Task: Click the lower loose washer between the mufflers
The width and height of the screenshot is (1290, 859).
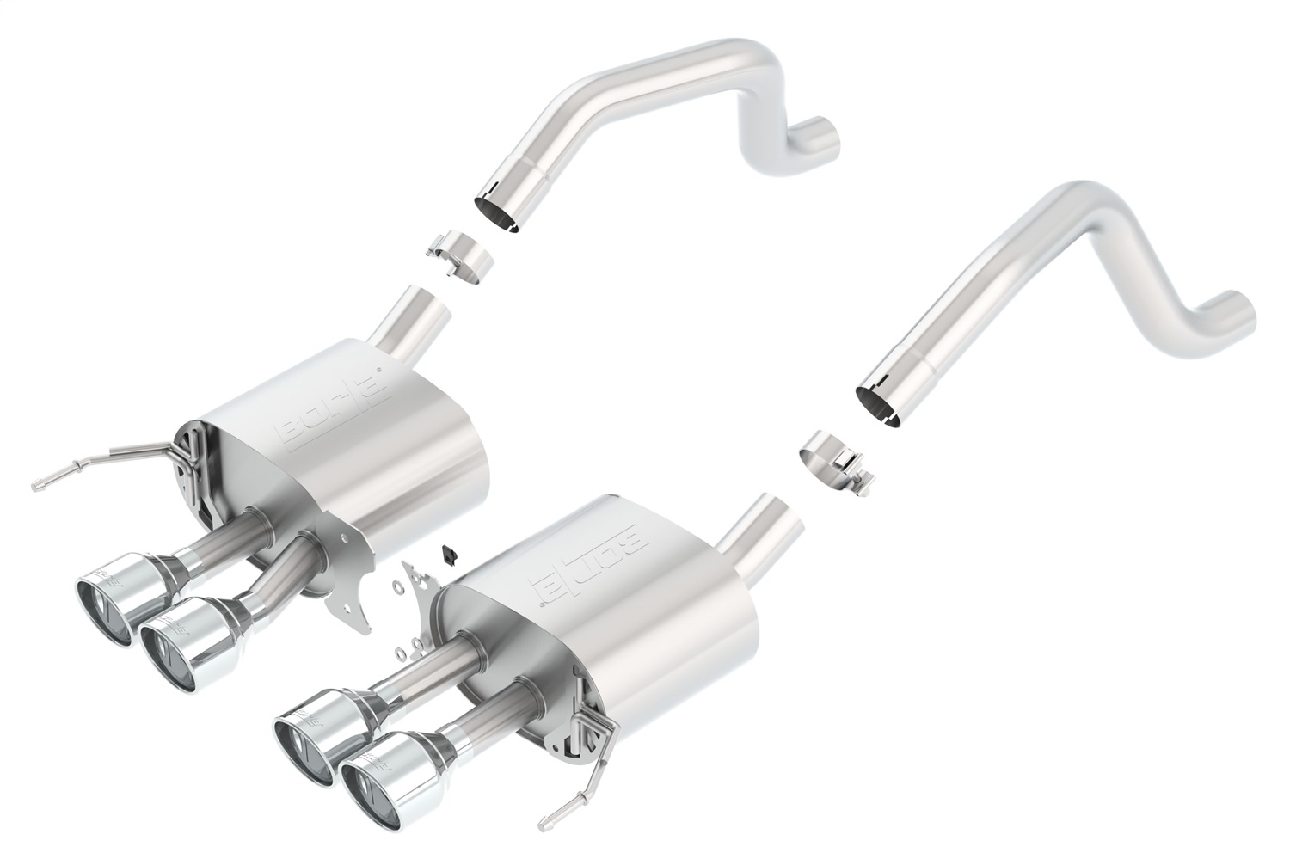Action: pos(402,644)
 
